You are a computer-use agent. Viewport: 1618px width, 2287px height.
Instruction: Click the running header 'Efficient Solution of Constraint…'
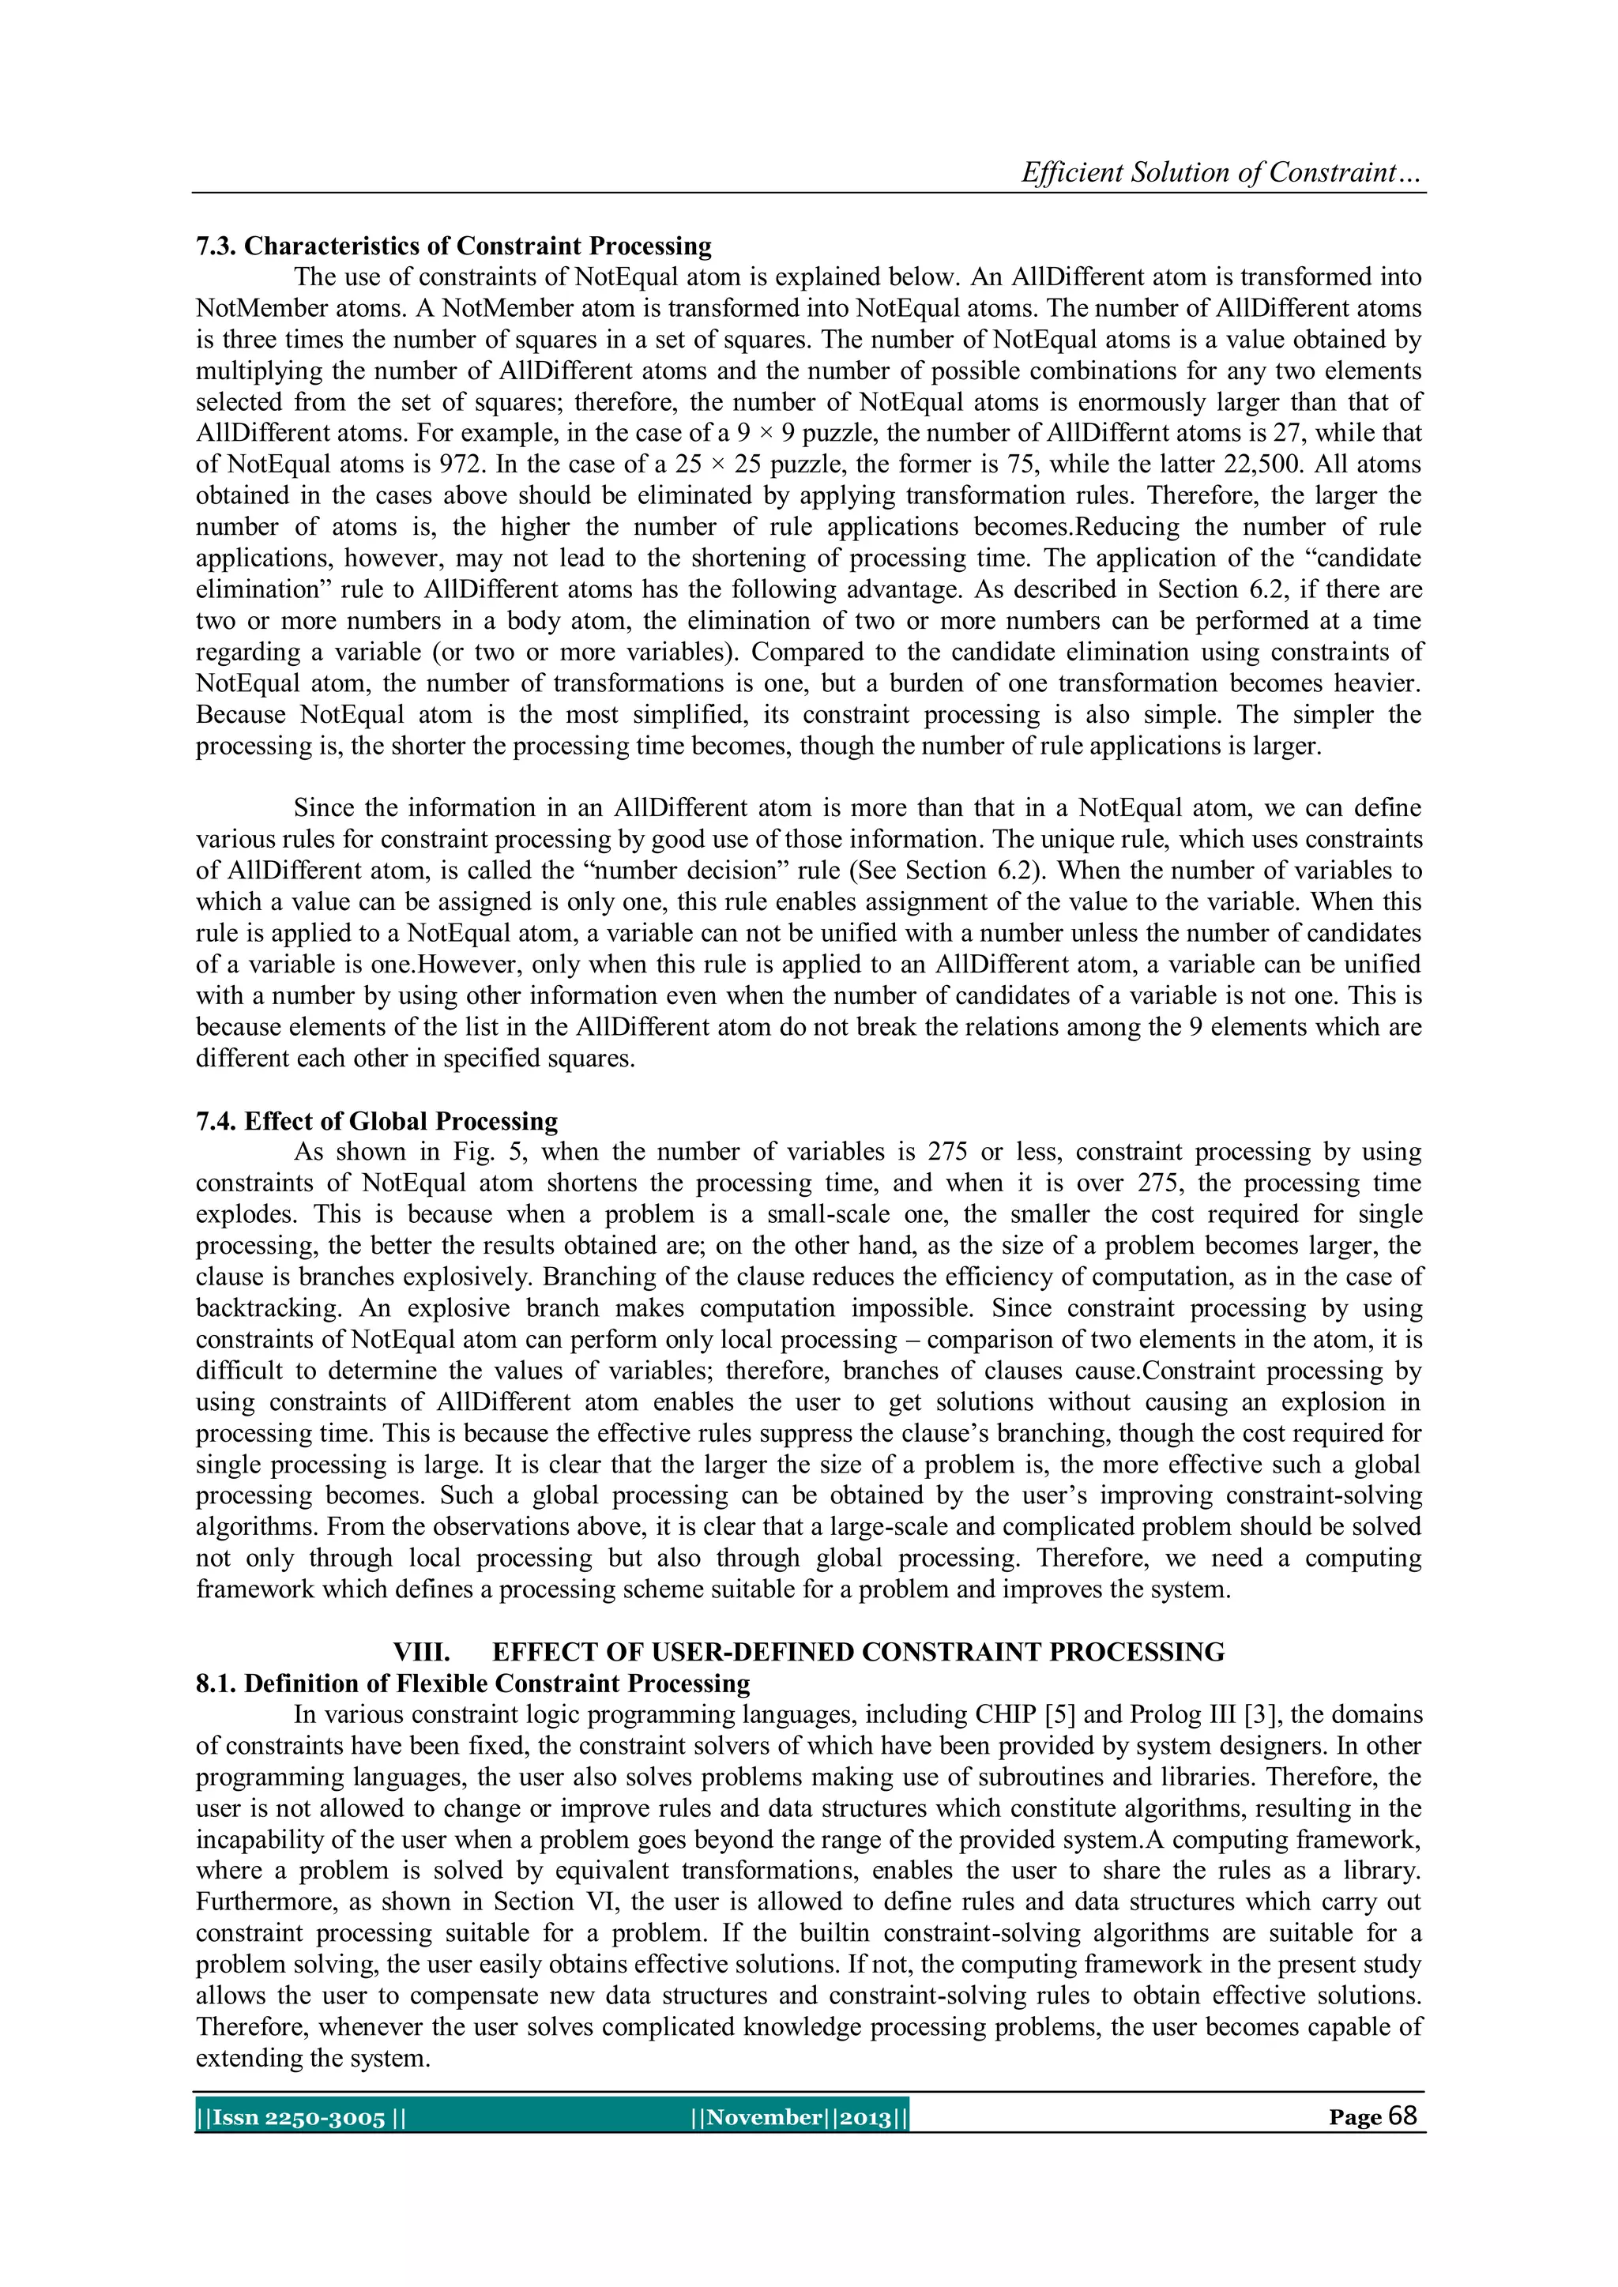pos(1221,172)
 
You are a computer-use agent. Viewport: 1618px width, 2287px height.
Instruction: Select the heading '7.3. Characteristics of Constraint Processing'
pos(453,246)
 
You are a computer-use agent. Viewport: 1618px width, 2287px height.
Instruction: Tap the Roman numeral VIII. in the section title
pos(421,1652)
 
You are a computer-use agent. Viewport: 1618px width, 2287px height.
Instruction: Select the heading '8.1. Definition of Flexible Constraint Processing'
pos(472,1683)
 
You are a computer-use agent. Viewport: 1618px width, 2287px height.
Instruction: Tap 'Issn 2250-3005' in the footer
pos(298,2119)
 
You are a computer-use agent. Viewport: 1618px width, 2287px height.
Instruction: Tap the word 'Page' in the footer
pos(1355,2119)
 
